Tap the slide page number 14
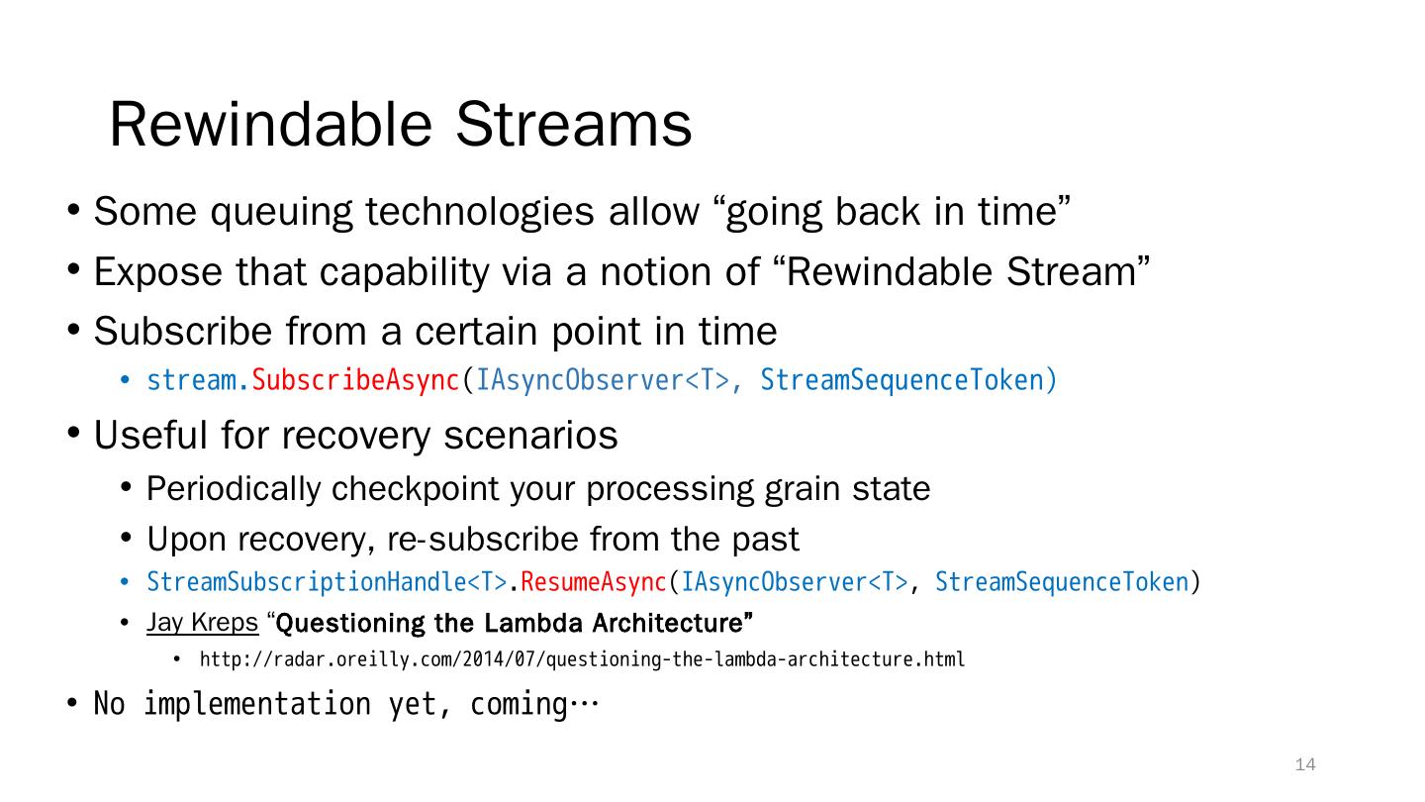(x=1305, y=764)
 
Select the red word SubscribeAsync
(x=355, y=380)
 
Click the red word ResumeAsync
(x=594, y=582)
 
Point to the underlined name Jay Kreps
(x=202, y=623)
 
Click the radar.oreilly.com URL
(x=582, y=658)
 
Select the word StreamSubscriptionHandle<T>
(x=327, y=582)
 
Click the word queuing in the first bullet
(x=281, y=213)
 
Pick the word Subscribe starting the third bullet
(x=182, y=331)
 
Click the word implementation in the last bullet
(x=257, y=705)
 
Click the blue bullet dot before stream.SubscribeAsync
(x=125, y=380)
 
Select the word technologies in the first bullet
(x=480, y=213)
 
